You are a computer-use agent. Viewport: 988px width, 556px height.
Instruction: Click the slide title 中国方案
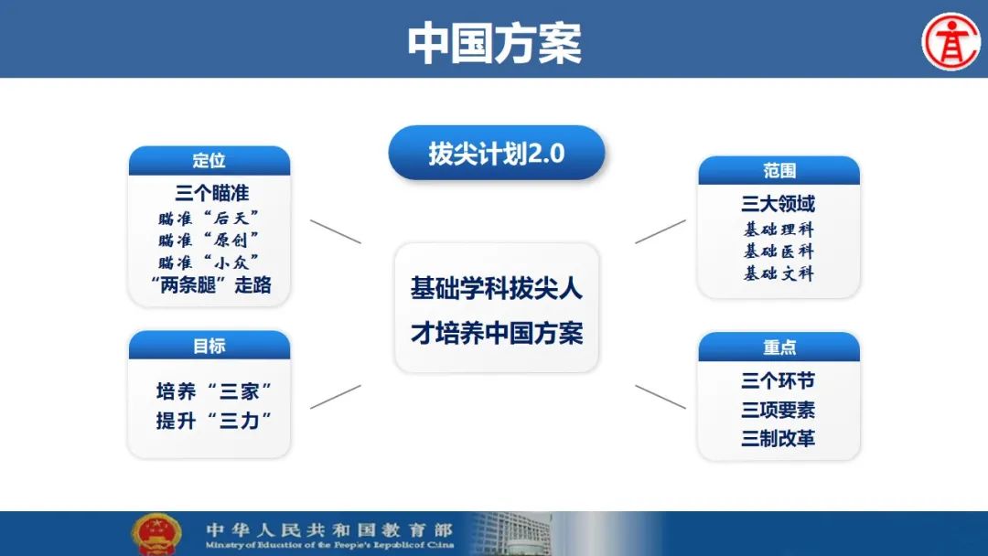[494, 43]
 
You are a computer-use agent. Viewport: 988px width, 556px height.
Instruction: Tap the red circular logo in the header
[951, 42]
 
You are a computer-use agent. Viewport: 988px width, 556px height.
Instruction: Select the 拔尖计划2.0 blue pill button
[497, 153]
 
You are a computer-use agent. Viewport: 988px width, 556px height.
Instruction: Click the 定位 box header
[209, 161]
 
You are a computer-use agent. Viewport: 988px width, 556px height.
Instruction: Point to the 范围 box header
[779, 171]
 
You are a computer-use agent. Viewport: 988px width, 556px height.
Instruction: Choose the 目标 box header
[209, 345]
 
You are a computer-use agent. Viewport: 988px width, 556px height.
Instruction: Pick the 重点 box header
[779, 347]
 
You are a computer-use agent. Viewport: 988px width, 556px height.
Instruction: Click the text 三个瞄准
[212, 193]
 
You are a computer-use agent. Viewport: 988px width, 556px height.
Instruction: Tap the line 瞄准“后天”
[209, 219]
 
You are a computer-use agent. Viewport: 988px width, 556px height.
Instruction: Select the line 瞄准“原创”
[209, 240]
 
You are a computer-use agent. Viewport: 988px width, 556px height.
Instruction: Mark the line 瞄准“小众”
[209, 262]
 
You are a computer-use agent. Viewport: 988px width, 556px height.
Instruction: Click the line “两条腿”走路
[211, 285]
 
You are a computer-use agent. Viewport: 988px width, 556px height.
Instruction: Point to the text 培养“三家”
[214, 391]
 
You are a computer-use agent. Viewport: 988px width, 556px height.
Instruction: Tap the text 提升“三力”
[214, 420]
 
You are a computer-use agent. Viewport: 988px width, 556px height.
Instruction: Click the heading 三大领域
[779, 204]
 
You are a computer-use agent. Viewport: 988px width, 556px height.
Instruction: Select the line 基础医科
[779, 251]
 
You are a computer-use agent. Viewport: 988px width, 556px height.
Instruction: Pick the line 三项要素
[779, 410]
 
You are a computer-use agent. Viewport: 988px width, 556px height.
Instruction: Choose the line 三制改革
[779, 438]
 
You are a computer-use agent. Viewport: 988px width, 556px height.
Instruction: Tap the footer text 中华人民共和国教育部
[329, 529]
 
